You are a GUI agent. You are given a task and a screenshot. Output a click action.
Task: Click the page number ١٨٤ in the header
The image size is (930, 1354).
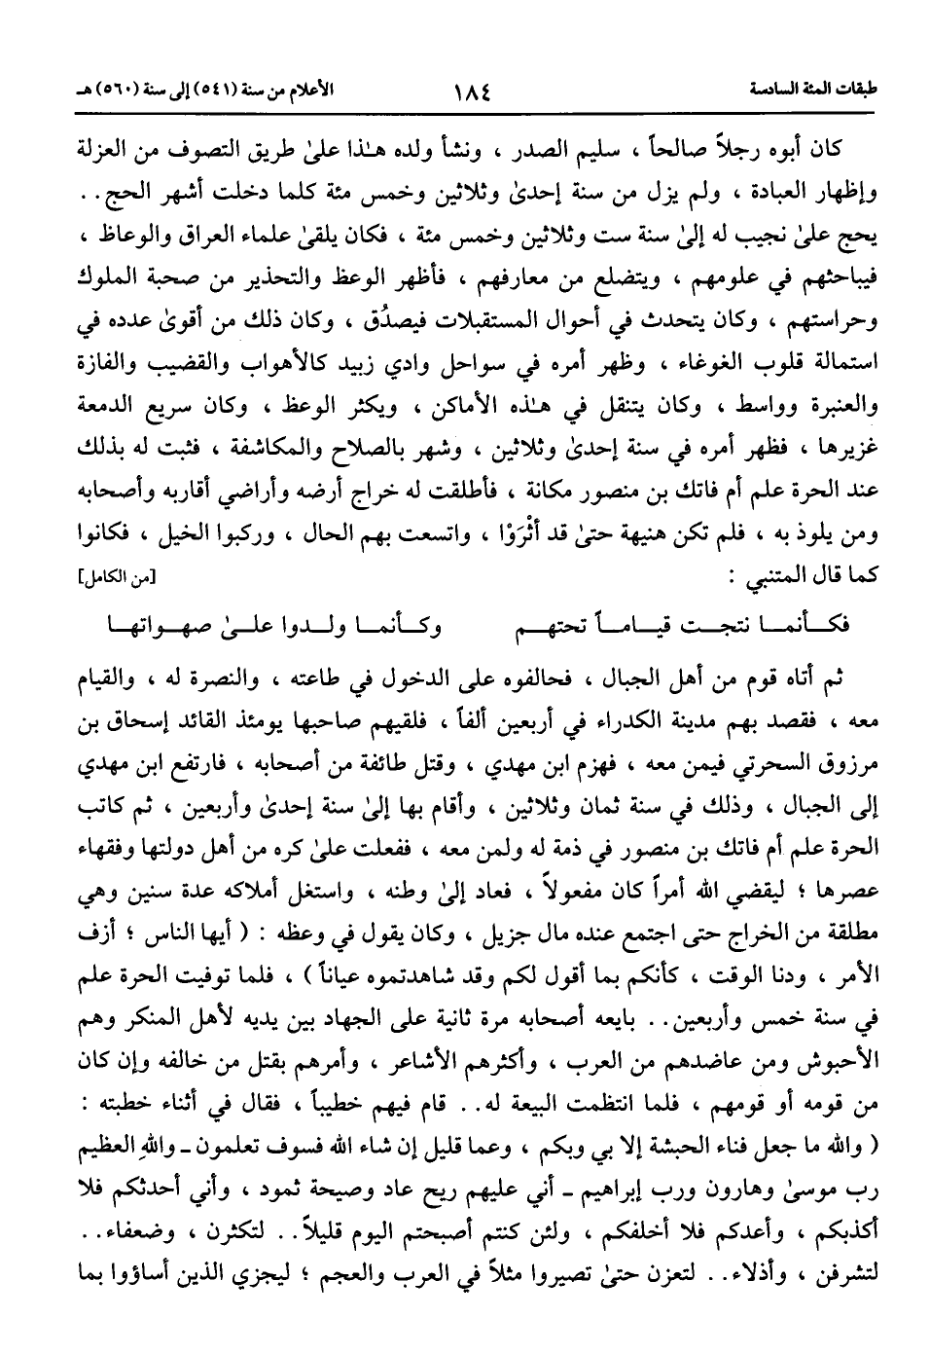pyautogui.click(x=471, y=91)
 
